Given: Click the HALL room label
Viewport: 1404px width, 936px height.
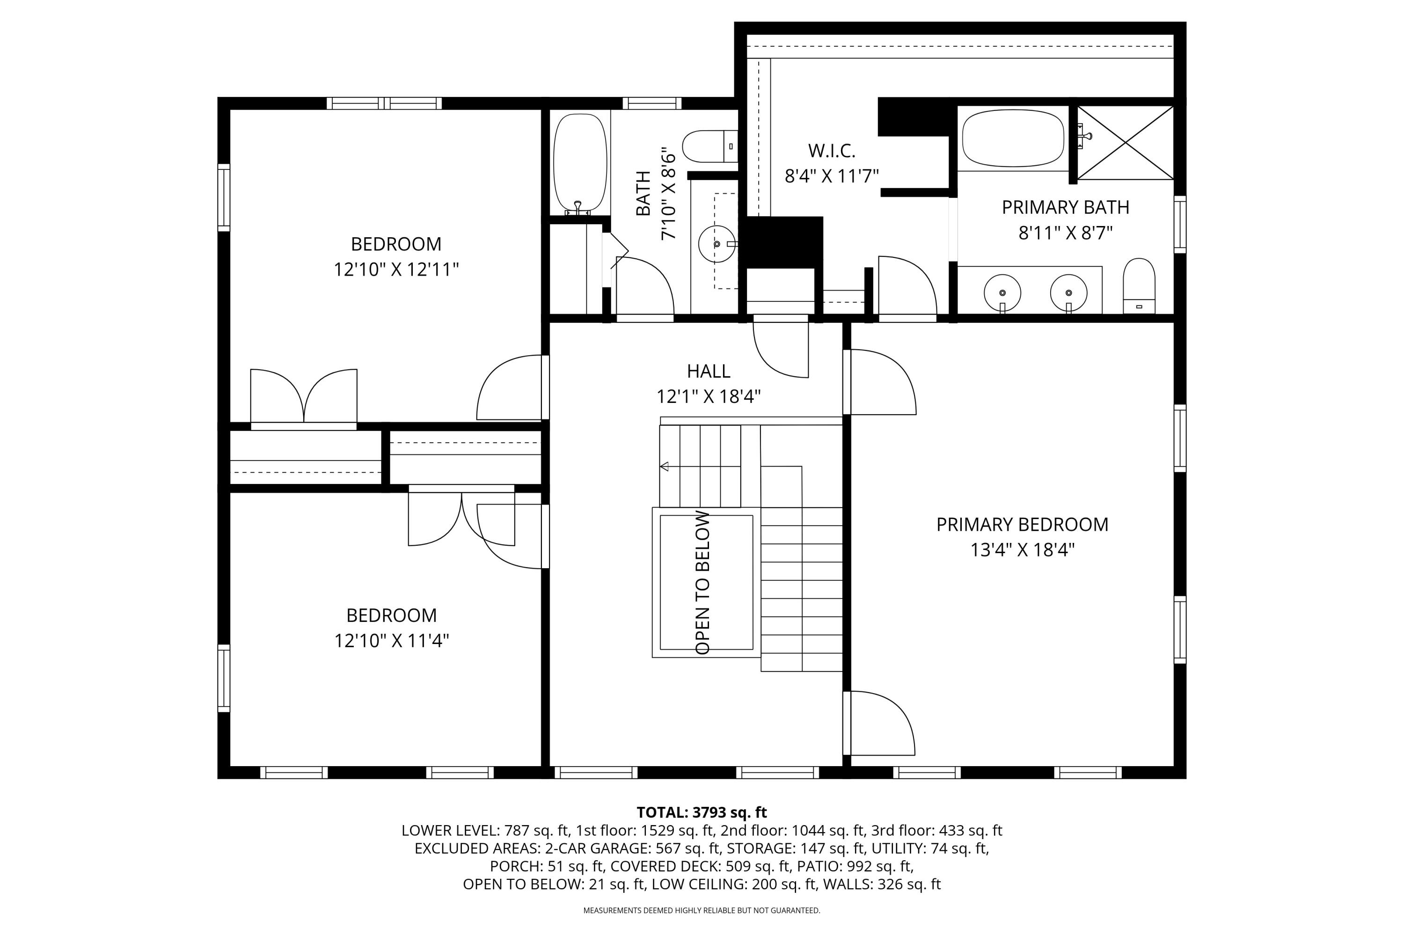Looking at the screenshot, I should (x=708, y=371).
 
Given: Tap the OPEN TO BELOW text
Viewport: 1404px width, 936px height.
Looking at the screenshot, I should (x=703, y=583).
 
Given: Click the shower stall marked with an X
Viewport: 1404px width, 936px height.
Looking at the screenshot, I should (x=1125, y=142).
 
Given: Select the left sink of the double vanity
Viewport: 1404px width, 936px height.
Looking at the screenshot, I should (x=1002, y=292).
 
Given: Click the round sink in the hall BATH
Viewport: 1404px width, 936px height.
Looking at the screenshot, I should (x=717, y=243).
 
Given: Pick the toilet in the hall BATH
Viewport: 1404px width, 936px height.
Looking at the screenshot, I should (x=709, y=146).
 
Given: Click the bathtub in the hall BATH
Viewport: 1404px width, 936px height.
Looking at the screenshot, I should (x=580, y=162).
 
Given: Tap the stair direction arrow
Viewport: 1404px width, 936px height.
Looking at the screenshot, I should (x=665, y=466).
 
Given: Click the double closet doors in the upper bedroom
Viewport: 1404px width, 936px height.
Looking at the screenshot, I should (x=303, y=397).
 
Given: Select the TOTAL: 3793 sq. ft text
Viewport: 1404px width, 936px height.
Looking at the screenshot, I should (x=702, y=812).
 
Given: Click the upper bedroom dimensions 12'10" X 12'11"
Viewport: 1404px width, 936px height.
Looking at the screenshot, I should (x=396, y=270).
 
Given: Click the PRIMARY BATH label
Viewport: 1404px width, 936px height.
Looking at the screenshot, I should (x=1065, y=207).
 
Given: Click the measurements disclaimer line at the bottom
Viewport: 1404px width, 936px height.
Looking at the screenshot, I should (x=702, y=911).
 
